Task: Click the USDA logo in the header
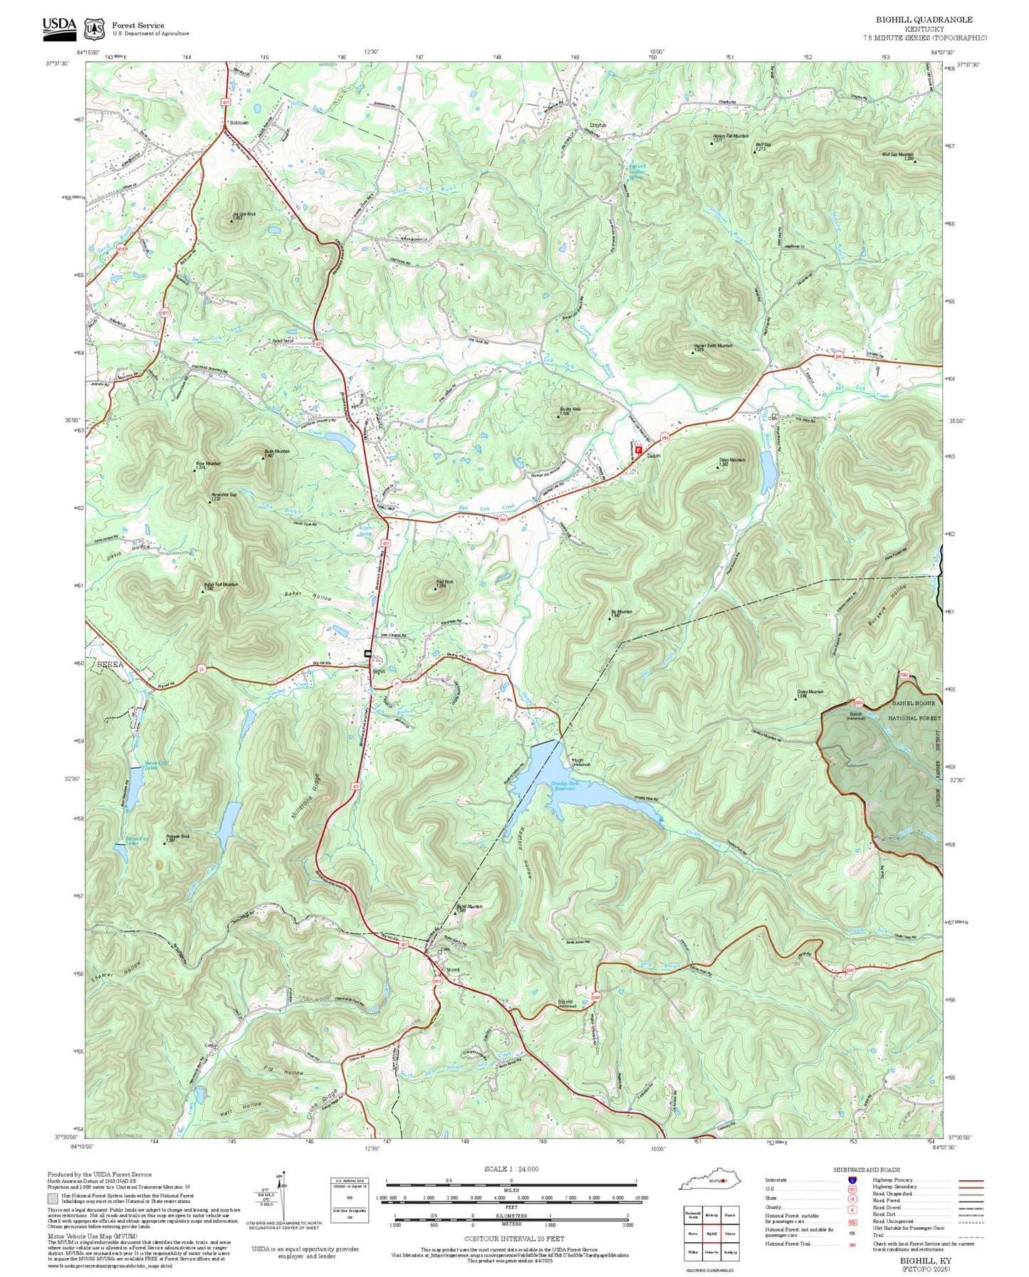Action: [58, 26]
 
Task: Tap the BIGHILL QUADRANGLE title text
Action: [924, 19]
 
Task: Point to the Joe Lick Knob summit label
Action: [242, 214]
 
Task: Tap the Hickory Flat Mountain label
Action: [730, 137]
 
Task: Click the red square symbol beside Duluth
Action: [638, 450]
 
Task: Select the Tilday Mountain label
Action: [732, 461]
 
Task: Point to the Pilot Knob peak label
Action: [444, 582]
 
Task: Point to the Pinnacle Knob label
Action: [177, 836]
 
